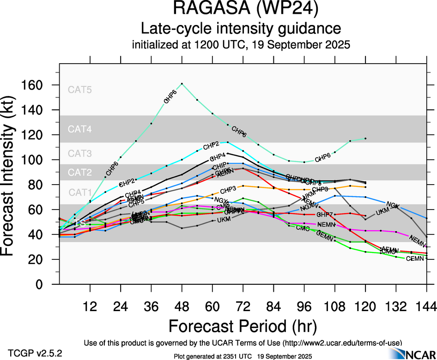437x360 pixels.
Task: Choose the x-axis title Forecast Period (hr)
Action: point(243,326)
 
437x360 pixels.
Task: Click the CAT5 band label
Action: point(80,90)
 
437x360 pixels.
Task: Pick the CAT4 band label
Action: point(80,129)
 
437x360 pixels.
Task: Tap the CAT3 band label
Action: point(80,154)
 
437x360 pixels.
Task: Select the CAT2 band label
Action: point(80,173)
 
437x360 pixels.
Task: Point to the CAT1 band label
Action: point(80,192)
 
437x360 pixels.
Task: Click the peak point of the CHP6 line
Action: point(182,84)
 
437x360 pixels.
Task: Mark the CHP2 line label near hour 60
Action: point(211,145)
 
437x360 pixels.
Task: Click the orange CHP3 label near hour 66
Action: point(228,190)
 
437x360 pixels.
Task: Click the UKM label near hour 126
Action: point(382,211)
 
